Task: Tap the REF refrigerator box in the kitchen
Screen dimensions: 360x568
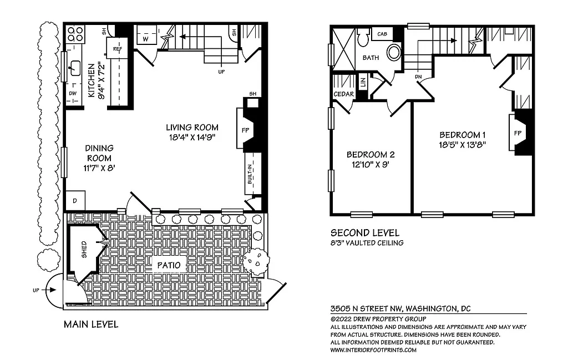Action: [117, 49]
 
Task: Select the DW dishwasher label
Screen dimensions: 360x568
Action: [73, 94]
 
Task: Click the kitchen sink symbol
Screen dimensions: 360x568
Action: [73, 70]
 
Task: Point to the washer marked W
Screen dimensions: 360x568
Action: [145, 39]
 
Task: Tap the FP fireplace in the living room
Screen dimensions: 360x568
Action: [245, 129]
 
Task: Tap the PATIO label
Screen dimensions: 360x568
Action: [168, 265]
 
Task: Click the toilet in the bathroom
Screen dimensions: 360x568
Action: [363, 39]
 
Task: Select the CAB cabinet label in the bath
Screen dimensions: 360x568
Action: [382, 34]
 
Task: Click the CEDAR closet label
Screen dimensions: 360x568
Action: [343, 94]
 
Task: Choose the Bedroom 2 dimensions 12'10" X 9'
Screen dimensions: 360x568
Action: [371, 164]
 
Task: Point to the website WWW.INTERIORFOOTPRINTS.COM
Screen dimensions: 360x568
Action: [373, 350]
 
